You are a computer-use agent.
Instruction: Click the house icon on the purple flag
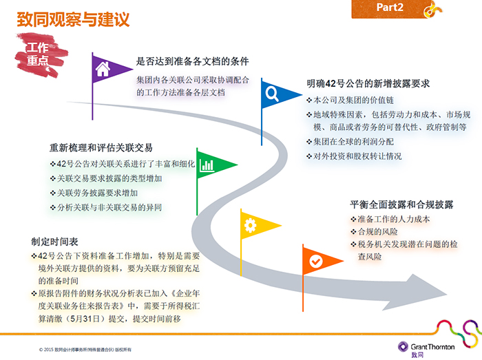(103, 69)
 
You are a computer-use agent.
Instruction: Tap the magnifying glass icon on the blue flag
(272, 94)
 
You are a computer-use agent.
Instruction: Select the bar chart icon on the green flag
(207, 165)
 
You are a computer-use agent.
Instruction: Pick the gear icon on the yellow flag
(250, 225)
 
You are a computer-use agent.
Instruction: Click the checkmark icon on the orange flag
(315, 262)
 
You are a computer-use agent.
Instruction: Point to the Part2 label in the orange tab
(390, 7)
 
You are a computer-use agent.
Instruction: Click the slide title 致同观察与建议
(73, 19)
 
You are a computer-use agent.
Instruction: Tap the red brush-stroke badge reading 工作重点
(40, 54)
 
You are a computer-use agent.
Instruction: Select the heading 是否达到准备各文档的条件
(192, 61)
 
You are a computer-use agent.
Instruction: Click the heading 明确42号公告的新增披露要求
(368, 83)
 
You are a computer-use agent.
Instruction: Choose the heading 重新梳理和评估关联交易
(101, 148)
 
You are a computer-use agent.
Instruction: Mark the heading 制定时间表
(54, 242)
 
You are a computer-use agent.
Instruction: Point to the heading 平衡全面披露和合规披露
(401, 204)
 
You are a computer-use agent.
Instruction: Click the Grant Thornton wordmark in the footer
(432, 347)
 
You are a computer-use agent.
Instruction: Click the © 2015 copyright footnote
(85, 350)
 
